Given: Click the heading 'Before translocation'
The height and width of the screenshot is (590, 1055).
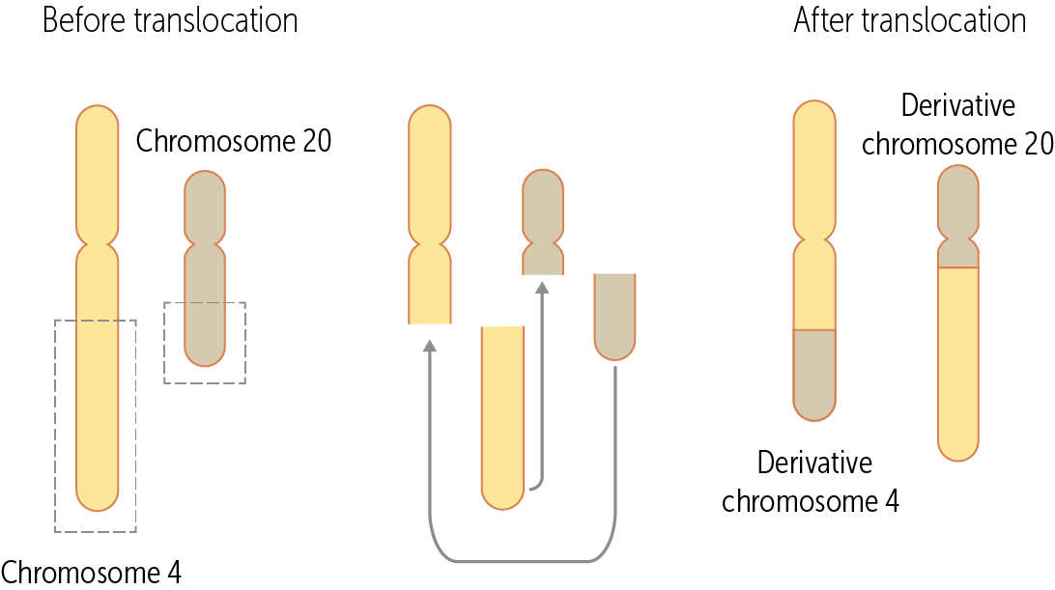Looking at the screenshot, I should tap(170, 21).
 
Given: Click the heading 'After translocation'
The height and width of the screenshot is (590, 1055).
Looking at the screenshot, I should tap(910, 21).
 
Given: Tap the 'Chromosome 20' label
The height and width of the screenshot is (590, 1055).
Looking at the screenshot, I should tap(234, 141).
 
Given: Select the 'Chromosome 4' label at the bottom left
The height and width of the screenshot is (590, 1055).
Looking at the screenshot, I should tap(91, 571).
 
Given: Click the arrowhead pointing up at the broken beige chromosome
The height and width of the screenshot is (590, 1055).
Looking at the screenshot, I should tap(542, 287).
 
